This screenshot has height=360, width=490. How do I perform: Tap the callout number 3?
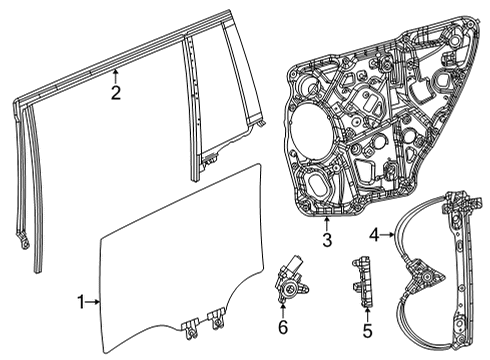point(327,241)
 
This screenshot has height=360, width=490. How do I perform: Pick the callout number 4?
point(375,236)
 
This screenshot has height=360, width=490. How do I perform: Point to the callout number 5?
point(366,329)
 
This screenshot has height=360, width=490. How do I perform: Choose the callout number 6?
point(283,327)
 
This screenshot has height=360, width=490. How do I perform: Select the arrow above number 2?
point(116,76)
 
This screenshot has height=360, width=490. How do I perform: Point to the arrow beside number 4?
point(389,236)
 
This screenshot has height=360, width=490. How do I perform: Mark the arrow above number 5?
point(366,312)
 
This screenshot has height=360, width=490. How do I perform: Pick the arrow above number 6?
point(283,311)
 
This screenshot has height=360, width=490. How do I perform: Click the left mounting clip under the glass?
point(191,322)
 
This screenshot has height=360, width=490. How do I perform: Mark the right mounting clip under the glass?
point(214,321)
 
